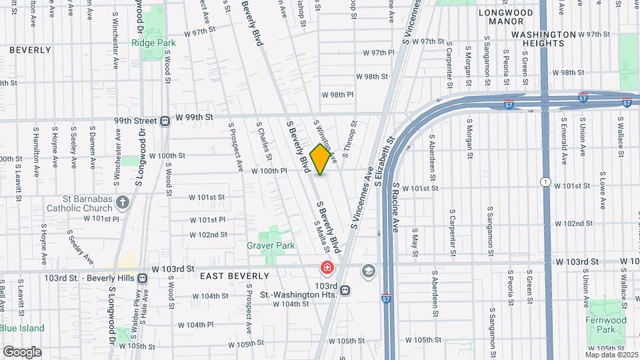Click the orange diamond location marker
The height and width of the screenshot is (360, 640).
point(321,159)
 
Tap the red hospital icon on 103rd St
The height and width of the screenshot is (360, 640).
point(327,269)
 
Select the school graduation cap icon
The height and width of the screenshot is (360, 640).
point(367,271)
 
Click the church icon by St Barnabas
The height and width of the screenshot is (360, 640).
point(122,202)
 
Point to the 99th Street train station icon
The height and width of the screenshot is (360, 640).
point(164,121)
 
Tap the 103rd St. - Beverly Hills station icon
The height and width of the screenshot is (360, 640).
point(143,277)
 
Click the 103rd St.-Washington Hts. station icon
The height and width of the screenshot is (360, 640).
point(345,289)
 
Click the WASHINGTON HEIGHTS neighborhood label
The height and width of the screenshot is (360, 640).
point(543,39)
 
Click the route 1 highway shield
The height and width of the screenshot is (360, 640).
point(545,182)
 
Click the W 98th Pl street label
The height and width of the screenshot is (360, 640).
point(337,95)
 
